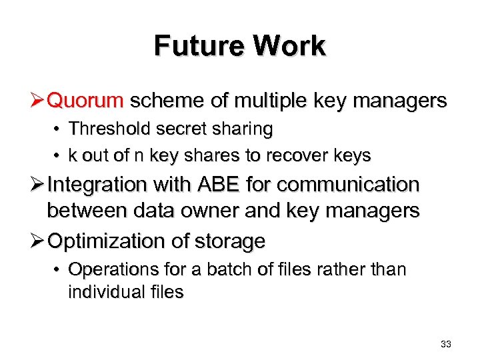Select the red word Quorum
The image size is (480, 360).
pyautogui.click(x=86, y=101)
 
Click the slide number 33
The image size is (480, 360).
pyautogui.click(x=446, y=344)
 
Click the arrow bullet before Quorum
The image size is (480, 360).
pyautogui.click(x=38, y=101)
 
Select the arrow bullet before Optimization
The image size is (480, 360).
pyautogui.click(x=38, y=241)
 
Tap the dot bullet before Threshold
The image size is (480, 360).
pyautogui.click(x=59, y=129)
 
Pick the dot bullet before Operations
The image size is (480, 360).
pyautogui.click(x=59, y=270)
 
